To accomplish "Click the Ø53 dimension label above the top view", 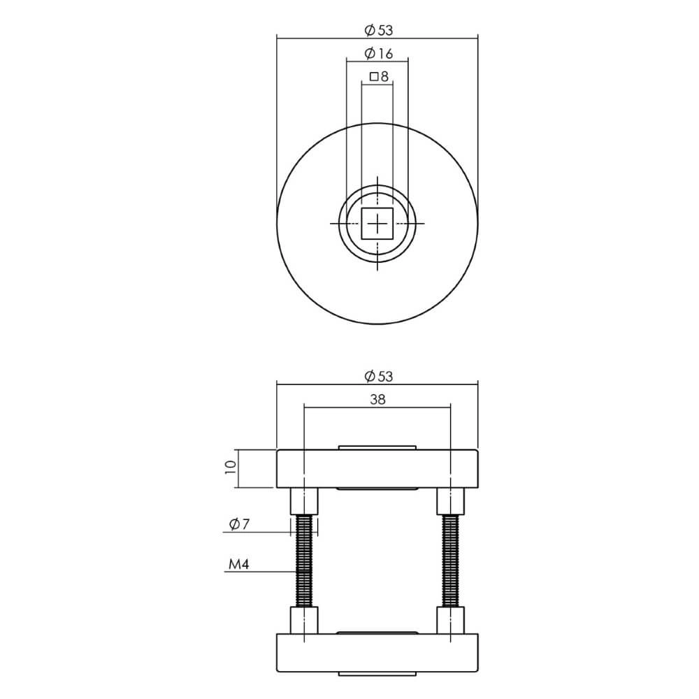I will point(378,30).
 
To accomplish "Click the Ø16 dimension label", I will point(378,54).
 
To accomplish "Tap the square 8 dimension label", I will point(378,77).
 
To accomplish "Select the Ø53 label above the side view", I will point(378,376).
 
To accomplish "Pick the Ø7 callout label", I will point(239,524).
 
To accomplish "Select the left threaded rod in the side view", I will point(305,560).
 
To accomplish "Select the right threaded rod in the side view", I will point(451,560).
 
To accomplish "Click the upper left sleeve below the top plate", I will point(305,500).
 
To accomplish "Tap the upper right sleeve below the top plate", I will point(451,500).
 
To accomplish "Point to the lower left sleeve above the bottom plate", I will point(305,620).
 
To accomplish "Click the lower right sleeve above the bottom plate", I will point(451,620).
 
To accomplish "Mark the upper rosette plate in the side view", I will point(377,468).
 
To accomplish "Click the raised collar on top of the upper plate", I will point(377,447).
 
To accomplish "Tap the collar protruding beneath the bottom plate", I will point(377,673).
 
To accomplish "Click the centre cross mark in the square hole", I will point(377,224).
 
